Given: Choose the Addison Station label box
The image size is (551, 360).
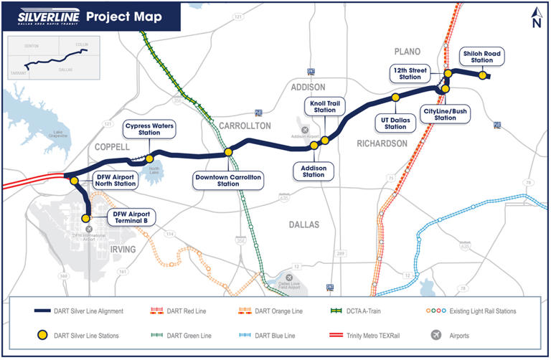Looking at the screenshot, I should tap(314, 170).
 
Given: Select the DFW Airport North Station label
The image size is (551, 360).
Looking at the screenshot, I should tap(116, 180).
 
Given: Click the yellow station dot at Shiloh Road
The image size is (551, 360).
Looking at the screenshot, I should tap(484, 75).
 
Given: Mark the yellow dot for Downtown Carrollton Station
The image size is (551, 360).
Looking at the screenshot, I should tap(228, 152).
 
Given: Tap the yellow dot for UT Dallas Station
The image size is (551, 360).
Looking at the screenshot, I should tap(395, 97).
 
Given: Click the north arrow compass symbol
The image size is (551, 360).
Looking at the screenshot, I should tap(535, 17).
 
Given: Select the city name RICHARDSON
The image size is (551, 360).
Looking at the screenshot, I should tap(382, 143).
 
